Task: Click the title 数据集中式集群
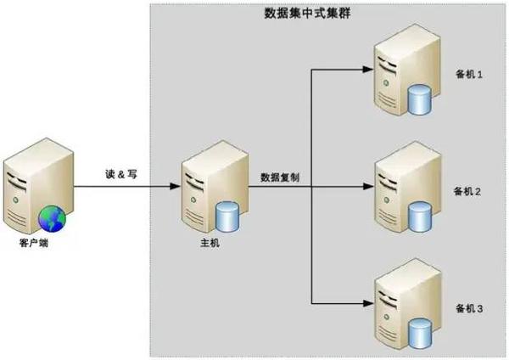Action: pos(307,14)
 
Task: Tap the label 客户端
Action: pos(34,243)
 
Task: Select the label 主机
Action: pos(210,243)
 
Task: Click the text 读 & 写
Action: pos(121,174)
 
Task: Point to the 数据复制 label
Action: pos(280,177)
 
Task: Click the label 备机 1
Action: pos(469,75)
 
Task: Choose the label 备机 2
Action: pos(467,191)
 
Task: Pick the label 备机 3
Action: pos(469,308)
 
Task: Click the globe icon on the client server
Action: pos(52,219)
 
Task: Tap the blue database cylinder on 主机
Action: pos(227,217)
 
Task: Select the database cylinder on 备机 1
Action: pos(419,99)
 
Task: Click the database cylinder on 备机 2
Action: pos(419,217)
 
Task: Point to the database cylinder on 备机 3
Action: pos(419,334)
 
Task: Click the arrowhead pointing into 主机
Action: pos(175,187)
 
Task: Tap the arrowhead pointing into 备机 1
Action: pos(368,70)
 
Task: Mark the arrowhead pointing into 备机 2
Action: pos(368,186)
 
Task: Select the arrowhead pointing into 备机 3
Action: pos(368,303)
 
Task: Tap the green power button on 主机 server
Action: pos(193,200)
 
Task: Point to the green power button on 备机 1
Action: pos(386,82)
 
